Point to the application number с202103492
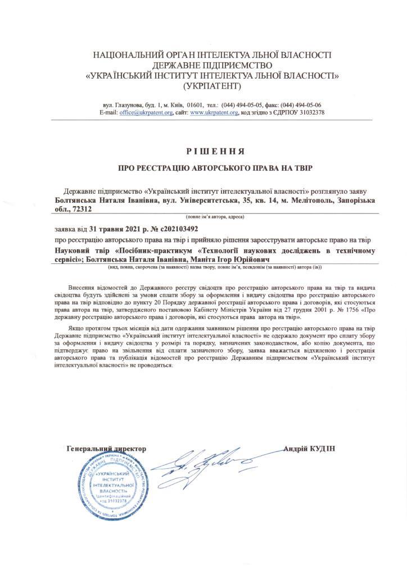(176, 229)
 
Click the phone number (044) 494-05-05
(243, 105)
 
